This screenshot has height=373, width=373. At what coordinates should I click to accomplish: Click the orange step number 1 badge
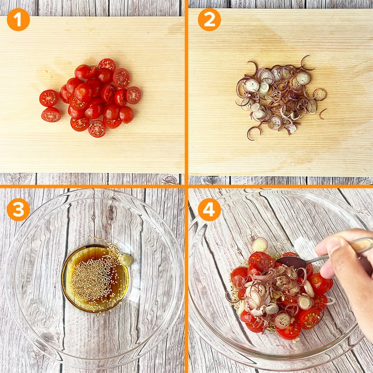pyautogui.click(x=18, y=20)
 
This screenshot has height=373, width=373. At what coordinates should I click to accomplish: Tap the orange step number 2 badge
pyautogui.click(x=209, y=20)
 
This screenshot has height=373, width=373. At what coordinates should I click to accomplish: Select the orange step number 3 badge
pyautogui.click(x=18, y=210)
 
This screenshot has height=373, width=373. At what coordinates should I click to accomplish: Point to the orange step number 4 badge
pyautogui.click(x=209, y=210)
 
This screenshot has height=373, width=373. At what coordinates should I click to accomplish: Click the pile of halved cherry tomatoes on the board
pyautogui.click(x=90, y=98)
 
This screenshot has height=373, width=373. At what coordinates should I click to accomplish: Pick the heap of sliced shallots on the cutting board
pyautogui.click(x=281, y=97)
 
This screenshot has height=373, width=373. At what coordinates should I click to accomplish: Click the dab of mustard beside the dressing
pyautogui.click(x=126, y=260)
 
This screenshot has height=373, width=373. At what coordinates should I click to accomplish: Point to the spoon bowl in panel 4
pyautogui.click(x=291, y=262)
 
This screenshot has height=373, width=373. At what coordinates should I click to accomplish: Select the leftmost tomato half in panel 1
pyautogui.click(x=49, y=98)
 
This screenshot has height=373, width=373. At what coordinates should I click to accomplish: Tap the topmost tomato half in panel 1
pyautogui.click(x=107, y=64)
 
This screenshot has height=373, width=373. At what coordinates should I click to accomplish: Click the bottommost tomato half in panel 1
pyautogui.click(x=97, y=128)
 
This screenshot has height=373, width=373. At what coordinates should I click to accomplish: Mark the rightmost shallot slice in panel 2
pyautogui.click(x=320, y=94)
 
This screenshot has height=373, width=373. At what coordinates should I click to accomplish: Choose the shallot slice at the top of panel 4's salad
pyautogui.click(x=260, y=245)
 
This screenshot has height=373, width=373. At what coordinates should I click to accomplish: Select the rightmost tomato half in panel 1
pyautogui.click(x=134, y=95)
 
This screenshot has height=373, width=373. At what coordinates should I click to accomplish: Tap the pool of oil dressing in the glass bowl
pyautogui.click(x=95, y=278)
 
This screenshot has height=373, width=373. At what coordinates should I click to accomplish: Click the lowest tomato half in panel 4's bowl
pyautogui.click(x=289, y=331)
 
